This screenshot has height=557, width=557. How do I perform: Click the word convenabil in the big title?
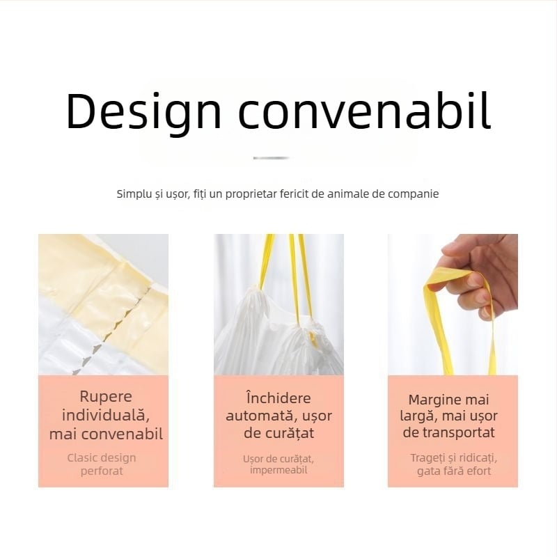click(x=365, y=111)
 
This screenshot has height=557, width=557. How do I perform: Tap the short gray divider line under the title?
click(x=272, y=158)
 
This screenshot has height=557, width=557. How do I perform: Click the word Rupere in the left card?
click(x=106, y=397)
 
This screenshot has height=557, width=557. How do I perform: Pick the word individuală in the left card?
click(x=106, y=415)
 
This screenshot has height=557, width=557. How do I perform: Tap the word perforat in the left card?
click(x=102, y=471)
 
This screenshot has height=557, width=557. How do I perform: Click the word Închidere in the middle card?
click(x=278, y=398)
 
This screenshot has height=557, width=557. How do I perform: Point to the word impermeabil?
click(x=278, y=470)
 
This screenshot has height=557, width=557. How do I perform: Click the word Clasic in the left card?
click(x=81, y=458)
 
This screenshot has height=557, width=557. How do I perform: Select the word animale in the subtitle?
click(x=348, y=194)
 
